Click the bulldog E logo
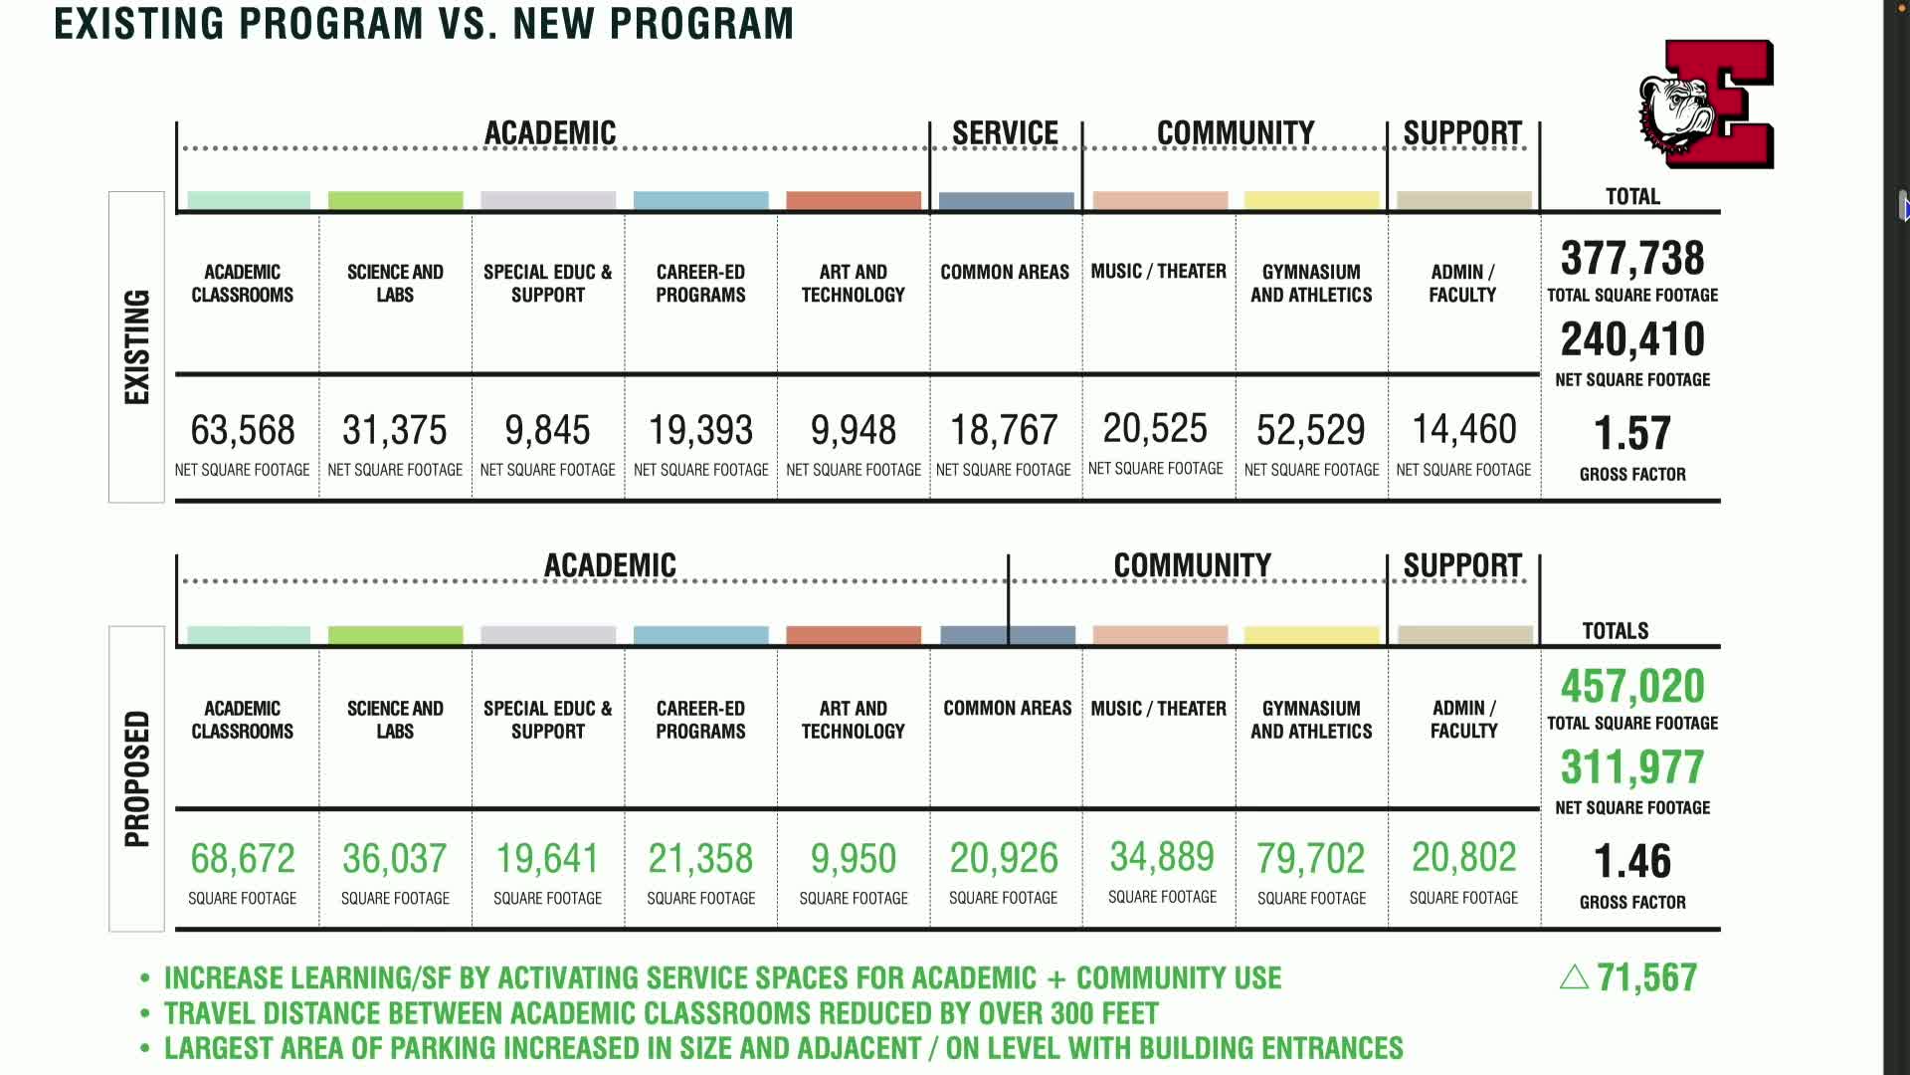click(1707, 105)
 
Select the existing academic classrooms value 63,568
click(243, 431)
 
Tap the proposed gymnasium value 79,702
click(1310, 859)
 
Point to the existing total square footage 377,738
click(1632, 259)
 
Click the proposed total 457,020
click(1632, 687)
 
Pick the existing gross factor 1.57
click(1632, 434)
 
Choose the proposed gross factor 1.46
click(1632, 862)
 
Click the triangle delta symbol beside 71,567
click(1574, 977)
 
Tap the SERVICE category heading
click(1005, 133)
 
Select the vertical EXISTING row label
click(136, 346)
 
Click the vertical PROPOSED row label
click(136, 778)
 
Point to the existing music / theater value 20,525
click(1155, 429)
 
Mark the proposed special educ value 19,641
click(547, 859)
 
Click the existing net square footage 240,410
click(1632, 339)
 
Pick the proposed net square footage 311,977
click(1632, 767)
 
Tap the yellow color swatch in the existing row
click(1311, 200)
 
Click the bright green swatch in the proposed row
click(395, 635)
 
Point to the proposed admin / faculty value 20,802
click(1463, 858)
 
